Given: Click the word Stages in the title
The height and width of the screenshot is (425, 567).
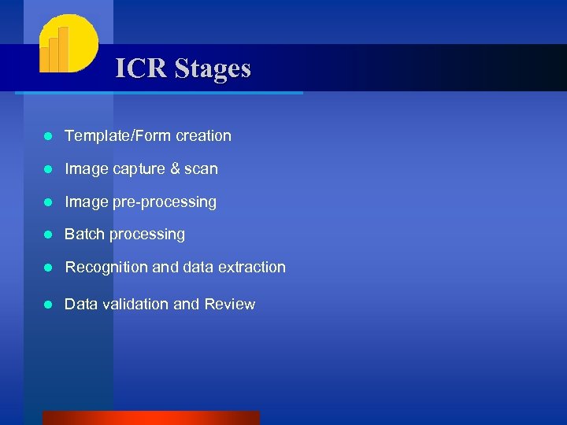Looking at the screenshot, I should coord(213,69).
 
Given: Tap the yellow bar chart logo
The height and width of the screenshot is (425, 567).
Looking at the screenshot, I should coord(67,44).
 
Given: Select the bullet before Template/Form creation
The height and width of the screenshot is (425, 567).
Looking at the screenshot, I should coord(47,136).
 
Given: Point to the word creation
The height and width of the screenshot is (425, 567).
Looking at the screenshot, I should coord(203,135).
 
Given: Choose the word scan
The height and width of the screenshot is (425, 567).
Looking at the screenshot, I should coord(202,168).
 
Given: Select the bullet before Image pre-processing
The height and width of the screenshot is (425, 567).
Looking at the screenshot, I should coord(47,202).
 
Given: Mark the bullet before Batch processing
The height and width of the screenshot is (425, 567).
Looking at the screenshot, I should coord(47,235).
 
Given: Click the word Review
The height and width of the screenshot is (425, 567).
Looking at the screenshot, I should coord(229,304).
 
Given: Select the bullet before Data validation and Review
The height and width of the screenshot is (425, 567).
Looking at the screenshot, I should coord(47,305).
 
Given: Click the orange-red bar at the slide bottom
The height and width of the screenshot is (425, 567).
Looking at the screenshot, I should coord(150,417).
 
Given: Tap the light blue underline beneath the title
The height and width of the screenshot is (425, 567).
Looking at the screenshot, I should coord(157,93).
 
